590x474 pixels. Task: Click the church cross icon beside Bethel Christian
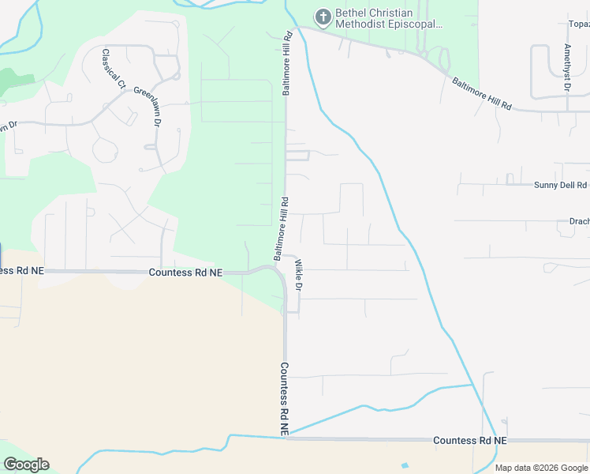coord(323,16)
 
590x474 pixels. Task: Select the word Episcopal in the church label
coord(413,24)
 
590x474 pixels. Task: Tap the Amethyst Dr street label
coord(566,67)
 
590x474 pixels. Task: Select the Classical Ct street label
coord(114,69)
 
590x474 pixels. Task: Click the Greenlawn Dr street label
coord(147,107)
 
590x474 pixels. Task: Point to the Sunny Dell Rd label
coord(560,186)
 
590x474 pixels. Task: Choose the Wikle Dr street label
coord(299,274)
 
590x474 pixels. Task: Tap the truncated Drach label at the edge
coord(579,222)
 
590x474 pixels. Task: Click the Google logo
coord(26,465)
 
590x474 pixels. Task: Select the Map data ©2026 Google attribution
coord(540,468)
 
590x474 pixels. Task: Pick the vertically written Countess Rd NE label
coord(284,398)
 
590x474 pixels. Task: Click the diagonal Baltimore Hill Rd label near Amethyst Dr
coord(481,93)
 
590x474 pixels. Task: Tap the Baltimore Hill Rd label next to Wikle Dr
coord(280,229)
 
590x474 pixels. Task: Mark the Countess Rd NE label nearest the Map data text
coord(469,440)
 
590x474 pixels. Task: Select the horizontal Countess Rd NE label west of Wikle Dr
coord(185,273)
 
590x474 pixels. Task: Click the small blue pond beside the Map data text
coord(405,465)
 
